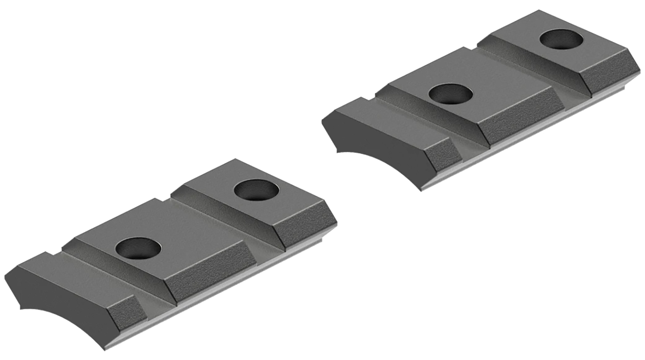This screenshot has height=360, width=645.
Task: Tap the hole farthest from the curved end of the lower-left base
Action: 257,190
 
